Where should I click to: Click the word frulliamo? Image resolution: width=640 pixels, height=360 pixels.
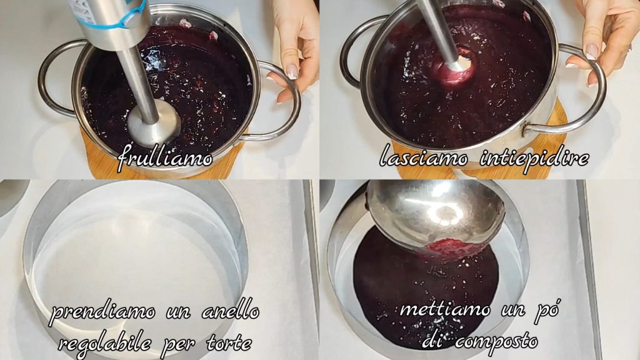[165, 157]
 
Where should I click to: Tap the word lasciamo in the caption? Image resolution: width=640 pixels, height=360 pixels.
[423, 156]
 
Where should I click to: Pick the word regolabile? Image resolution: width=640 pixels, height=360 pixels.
[105, 344]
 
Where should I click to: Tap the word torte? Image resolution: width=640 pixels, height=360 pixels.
[229, 344]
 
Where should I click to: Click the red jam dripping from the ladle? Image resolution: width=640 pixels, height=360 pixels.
[454, 247]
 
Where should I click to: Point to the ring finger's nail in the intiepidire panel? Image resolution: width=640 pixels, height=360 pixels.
[592, 51]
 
